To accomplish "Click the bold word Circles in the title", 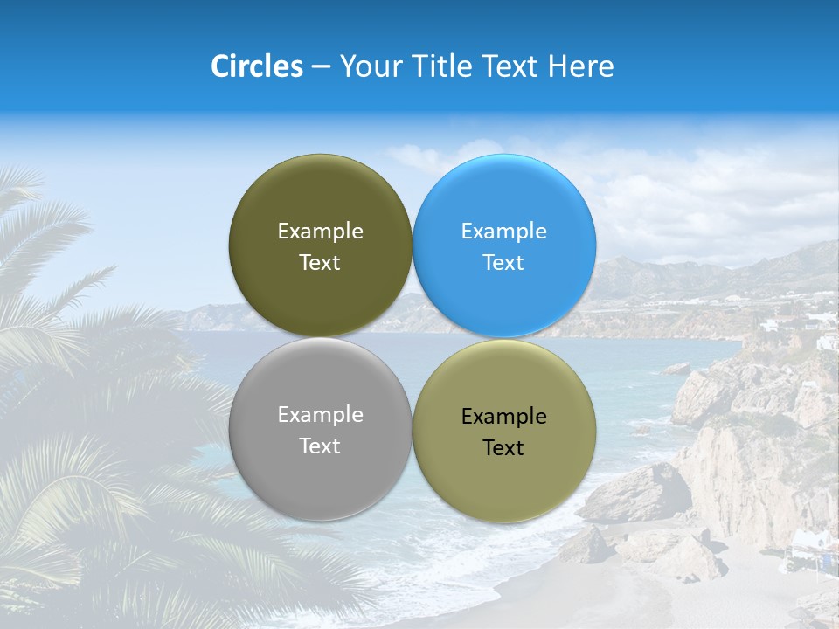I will click(x=256, y=66).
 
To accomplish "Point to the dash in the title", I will click(x=320, y=67).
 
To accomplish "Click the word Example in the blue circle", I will click(x=504, y=232).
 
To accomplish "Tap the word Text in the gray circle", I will click(x=320, y=446).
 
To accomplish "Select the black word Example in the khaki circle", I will click(x=504, y=417).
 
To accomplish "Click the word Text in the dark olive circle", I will click(x=320, y=263).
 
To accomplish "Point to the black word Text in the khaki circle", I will click(x=503, y=448).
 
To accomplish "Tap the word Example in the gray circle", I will click(x=320, y=415).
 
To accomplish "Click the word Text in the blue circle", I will click(x=503, y=263).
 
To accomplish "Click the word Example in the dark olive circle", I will click(x=320, y=232).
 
